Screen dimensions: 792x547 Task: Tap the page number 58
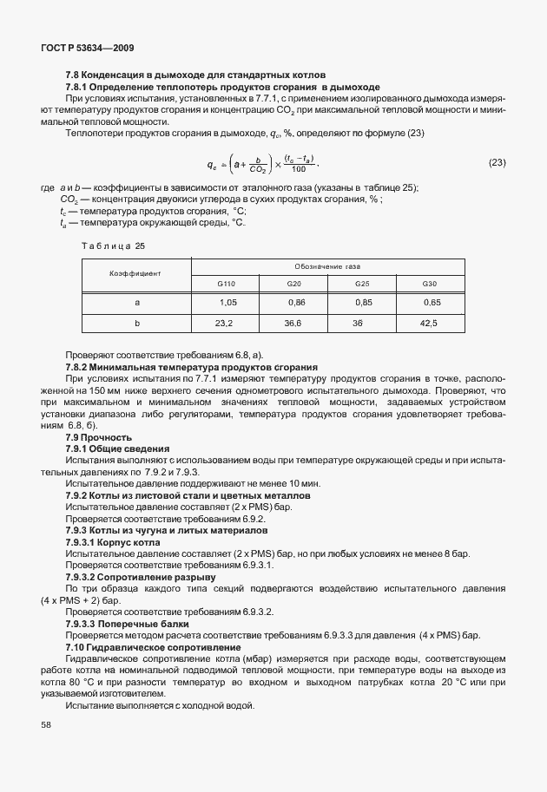pos(46,724)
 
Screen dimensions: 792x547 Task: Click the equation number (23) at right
pos(497,162)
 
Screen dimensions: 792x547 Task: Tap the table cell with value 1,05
pos(228,303)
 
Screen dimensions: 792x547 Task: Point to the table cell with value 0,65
pos(431,303)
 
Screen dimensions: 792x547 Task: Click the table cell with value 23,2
pos(224,323)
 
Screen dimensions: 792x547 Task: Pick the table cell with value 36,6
pos(293,323)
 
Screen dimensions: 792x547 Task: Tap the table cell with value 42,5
pos(429,323)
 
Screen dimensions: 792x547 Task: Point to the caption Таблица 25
pos(113,246)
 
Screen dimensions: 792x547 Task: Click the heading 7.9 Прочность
pos(98,437)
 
